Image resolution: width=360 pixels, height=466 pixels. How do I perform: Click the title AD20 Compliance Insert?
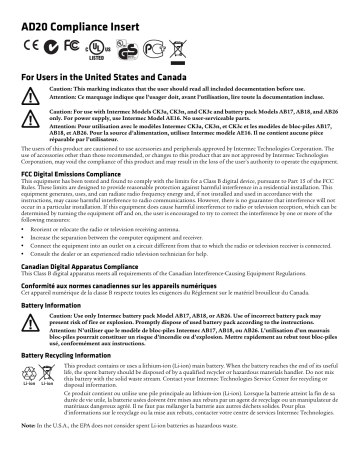(61, 14)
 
